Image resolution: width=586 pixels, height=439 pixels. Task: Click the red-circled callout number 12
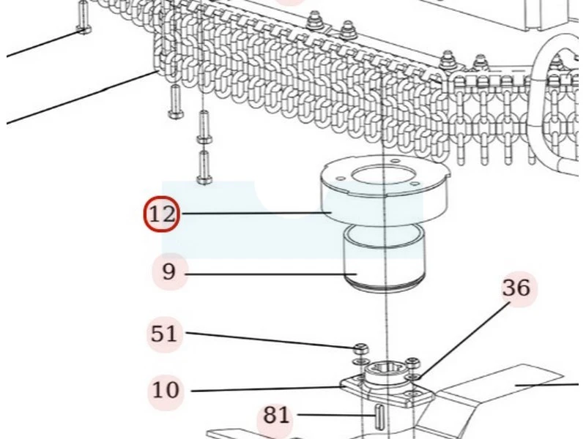(x=162, y=214)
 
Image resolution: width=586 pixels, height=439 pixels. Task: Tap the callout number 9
(x=169, y=271)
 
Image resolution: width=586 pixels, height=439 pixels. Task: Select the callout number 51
(x=163, y=334)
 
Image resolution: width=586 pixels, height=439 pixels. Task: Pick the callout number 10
(x=166, y=390)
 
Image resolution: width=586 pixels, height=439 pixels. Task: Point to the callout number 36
(x=516, y=288)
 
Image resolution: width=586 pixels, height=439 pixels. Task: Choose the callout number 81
(x=276, y=416)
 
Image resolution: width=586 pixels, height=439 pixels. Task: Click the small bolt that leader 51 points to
(x=361, y=349)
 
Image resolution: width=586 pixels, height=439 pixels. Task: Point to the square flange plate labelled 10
(x=387, y=389)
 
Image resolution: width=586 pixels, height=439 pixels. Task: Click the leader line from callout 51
(x=270, y=340)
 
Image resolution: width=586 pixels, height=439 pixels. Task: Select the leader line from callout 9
(x=271, y=275)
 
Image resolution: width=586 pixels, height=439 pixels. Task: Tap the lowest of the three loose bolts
(x=204, y=168)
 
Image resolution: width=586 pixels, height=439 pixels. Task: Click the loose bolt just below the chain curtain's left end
(x=174, y=102)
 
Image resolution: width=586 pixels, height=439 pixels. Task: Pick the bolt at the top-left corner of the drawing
(x=84, y=17)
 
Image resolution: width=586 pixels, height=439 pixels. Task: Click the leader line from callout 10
(x=267, y=389)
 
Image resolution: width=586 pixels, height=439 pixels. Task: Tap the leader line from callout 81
(x=336, y=415)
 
